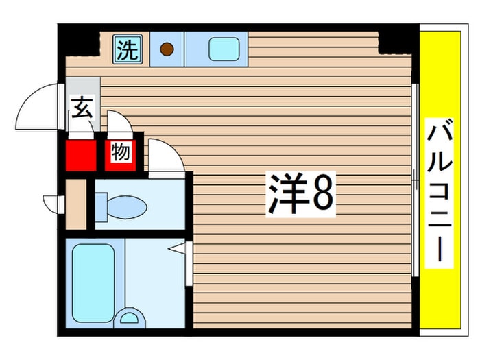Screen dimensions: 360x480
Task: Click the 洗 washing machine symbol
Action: pyautogui.click(x=126, y=50)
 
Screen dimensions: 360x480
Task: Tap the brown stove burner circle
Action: pyautogui.click(x=167, y=49)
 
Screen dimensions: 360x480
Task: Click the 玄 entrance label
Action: pyautogui.click(x=82, y=108)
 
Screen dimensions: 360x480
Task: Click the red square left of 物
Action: pyautogui.click(x=81, y=154)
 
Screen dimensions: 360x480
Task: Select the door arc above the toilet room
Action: pyautogui.click(x=165, y=156)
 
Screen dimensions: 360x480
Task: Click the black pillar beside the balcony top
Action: pyautogui.click(x=397, y=39)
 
